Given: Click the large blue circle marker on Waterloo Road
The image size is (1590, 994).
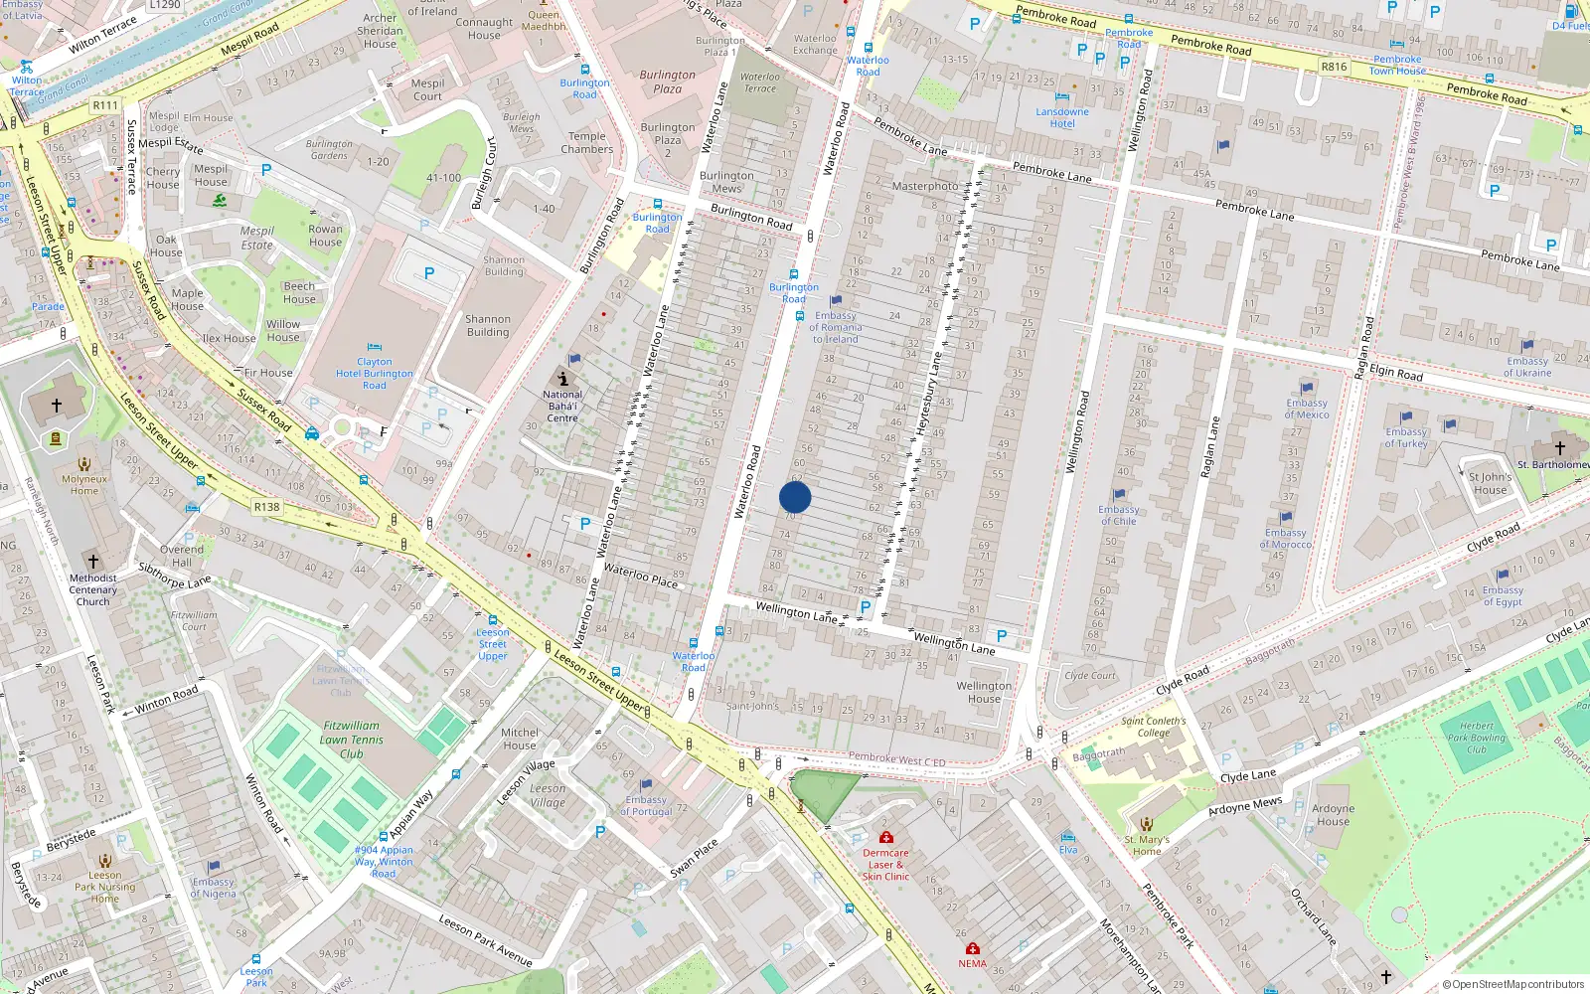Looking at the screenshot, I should [795, 497].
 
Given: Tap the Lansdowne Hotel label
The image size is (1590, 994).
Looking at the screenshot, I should [1062, 117].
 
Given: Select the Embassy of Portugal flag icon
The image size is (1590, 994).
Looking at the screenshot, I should [646, 785].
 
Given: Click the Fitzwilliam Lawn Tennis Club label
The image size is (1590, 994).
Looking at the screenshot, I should [352, 740].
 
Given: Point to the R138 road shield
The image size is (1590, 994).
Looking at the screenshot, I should [266, 507].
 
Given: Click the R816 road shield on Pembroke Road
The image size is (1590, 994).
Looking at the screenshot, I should [1334, 67].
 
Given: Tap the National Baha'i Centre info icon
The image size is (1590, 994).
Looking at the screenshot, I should [563, 379].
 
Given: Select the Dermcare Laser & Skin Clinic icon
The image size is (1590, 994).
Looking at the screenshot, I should [885, 837].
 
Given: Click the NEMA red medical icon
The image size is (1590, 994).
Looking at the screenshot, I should [973, 949].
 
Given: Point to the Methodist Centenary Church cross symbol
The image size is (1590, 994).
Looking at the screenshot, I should [93, 562].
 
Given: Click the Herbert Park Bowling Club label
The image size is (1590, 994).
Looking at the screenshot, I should [1477, 738].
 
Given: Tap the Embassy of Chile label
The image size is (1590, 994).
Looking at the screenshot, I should [1119, 515].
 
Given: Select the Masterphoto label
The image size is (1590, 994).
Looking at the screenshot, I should [925, 186].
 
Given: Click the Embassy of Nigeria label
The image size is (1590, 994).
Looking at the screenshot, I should [214, 888].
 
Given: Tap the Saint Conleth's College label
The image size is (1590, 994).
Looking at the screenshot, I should [1153, 727].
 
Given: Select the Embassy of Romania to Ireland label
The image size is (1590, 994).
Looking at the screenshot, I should [836, 327].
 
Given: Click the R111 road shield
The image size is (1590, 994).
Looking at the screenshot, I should [105, 105].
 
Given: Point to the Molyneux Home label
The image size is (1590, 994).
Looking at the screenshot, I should [84, 484].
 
